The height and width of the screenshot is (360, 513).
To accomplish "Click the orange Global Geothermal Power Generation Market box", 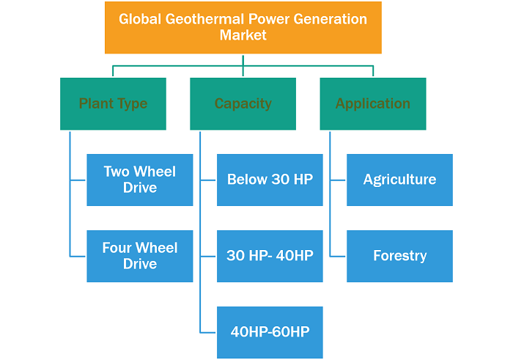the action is tap(243, 27).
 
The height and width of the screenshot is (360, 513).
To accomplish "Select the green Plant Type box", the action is tap(113, 103).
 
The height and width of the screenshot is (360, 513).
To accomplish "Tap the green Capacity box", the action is tap(243, 103).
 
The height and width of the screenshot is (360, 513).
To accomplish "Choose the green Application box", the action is tap(373, 103).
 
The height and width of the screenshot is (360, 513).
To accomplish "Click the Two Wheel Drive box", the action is tap(140, 180).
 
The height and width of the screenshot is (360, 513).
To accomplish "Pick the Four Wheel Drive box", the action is tap(140, 257).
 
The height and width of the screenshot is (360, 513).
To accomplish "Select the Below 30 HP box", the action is tap(270, 180).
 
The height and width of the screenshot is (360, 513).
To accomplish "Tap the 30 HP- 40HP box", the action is tap(270, 257).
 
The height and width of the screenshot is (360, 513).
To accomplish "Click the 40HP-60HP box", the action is tap(270, 333).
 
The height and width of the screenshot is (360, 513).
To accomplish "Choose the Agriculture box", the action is tap(400, 180).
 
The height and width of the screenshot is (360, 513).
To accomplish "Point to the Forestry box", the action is tap(400, 257).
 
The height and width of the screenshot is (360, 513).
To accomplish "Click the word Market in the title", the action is tap(243, 35).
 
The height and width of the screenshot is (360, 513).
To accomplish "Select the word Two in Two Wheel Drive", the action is tap(117, 172).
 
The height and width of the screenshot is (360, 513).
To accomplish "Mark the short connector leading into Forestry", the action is tap(338, 257).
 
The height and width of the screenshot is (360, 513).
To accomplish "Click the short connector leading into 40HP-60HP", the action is tap(208, 333).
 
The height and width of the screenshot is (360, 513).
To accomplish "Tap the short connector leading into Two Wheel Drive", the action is tap(78, 180).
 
